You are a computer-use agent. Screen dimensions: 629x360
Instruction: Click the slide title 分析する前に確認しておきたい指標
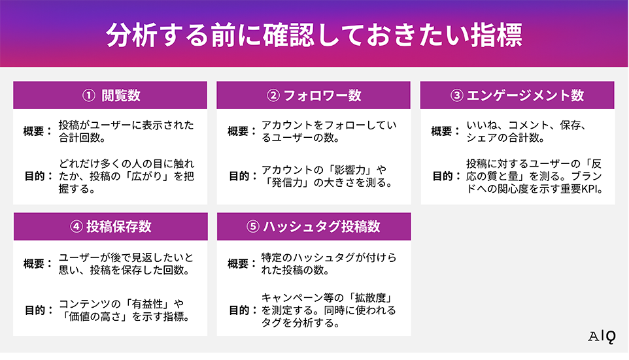tap(314, 35)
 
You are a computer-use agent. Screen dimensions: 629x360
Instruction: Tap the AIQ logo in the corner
tap(602, 337)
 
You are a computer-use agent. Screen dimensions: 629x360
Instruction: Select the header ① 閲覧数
tap(110, 95)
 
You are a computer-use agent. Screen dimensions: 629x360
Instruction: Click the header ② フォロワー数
tap(314, 95)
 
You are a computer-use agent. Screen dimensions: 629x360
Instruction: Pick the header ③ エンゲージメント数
tap(517, 95)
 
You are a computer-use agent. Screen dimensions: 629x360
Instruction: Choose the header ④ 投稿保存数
tap(110, 226)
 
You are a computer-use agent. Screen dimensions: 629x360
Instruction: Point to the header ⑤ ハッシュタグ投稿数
tap(314, 226)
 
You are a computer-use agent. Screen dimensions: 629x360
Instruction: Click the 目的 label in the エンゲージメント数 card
tap(443, 176)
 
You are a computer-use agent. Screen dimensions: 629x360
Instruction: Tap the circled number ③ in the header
tap(457, 95)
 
